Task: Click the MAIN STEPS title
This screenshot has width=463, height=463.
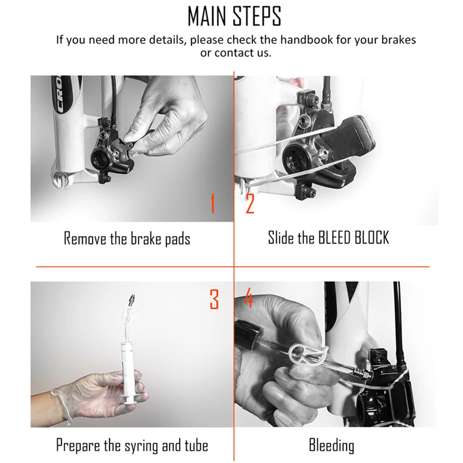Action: point(234,16)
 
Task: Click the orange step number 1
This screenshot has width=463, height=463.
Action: point(212,203)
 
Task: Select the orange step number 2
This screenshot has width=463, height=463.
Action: point(250,203)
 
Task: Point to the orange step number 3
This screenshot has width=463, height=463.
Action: point(214,299)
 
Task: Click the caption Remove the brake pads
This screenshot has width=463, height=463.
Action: point(127,238)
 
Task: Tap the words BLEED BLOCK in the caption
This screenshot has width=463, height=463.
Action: point(354,237)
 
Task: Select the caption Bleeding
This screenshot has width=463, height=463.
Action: point(331,446)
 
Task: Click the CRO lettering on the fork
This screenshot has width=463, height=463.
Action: point(61,94)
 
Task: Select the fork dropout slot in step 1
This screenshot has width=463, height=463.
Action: point(61,179)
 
